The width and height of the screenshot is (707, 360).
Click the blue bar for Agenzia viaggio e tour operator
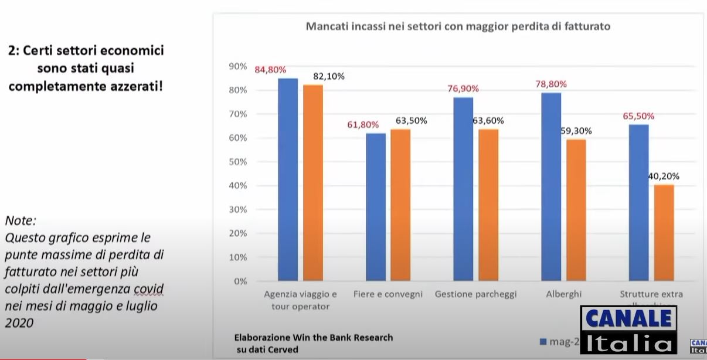[288, 179]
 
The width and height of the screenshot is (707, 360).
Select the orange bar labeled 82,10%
[313, 183]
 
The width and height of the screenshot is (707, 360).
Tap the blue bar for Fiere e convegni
[376, 207]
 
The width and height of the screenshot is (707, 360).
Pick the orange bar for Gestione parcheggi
[488, 205]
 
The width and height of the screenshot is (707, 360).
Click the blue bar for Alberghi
[551, 186]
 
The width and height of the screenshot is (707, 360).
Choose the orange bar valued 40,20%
[664, 233]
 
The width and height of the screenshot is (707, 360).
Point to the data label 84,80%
[270, 70]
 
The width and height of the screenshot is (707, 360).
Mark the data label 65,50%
[638, 116]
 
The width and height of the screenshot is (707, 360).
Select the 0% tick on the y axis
[239, 281]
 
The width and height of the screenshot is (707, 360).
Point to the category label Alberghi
[563, 294]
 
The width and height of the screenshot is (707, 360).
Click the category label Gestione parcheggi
[476, 294]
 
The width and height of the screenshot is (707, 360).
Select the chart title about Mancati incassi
[458, 26]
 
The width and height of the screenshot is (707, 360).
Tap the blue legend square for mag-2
[543, 341]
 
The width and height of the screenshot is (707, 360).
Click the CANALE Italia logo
[628, 330]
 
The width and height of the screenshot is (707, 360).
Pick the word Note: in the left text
[21, 221]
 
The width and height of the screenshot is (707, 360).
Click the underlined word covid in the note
[148, 289]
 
